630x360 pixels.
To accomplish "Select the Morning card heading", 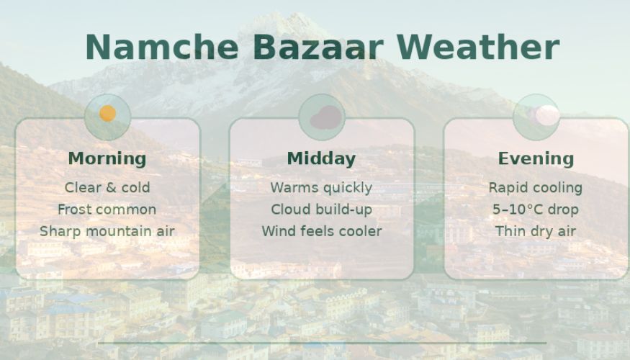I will click(x=107, y=158).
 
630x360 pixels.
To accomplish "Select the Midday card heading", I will click(x=321, y=158).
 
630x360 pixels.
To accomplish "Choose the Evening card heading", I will click(x=536, y=158).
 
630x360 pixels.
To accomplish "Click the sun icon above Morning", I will click(x=107, y=114).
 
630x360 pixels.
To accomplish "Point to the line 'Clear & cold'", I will click(x=107, y=188).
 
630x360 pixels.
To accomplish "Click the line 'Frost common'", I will click(x=107, y=210).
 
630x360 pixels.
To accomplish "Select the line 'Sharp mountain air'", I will click(x=107, y=231).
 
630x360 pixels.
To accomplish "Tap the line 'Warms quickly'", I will click(x=321, y=188).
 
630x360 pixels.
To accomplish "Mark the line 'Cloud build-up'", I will click(x=321, y=210).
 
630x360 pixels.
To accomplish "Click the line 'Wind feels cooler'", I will click(x=321, y=231).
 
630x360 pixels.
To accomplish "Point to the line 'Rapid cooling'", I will click(x=536, y=188).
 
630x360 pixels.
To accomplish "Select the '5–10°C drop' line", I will click(x=536, y=210).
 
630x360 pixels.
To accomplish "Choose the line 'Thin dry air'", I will click(x=536, y=231).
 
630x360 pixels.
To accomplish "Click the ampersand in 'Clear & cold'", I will click(x=111, y=188).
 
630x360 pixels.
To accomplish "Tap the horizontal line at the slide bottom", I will click(x=321, y=343).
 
